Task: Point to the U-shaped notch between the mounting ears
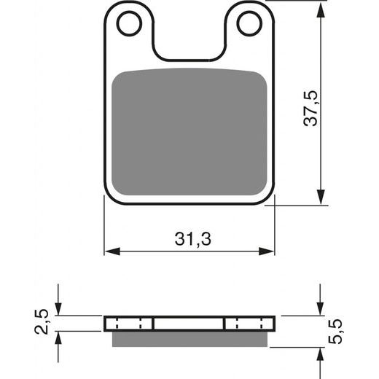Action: pos(189,44)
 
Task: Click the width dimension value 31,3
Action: pos(190,238)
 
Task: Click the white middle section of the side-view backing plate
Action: pos(189,323)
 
